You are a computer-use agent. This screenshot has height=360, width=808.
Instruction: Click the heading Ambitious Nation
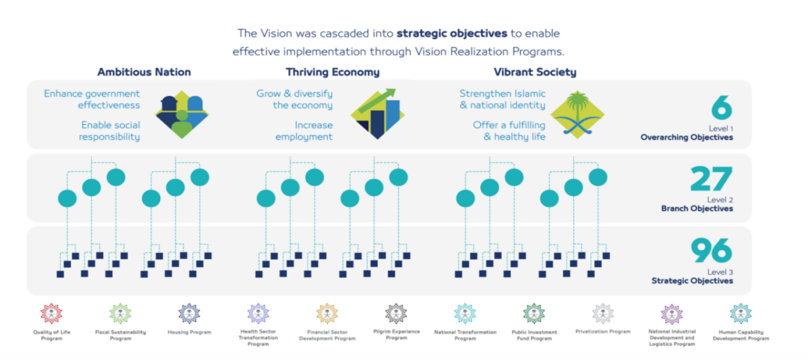(x=144, y=73)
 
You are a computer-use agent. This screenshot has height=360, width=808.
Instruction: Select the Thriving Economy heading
(x=332, y=73)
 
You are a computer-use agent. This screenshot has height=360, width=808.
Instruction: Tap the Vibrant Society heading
(x=535, y=73)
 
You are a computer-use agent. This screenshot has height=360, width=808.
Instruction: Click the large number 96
(x=711, y=251)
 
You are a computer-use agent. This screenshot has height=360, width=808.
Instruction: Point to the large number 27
(x=711, y=180)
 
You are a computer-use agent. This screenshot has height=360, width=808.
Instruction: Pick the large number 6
(x=721, y=109)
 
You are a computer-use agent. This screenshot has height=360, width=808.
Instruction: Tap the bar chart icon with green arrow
(x=377, y=115)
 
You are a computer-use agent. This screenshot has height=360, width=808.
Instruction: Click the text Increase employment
(x=304, y=131)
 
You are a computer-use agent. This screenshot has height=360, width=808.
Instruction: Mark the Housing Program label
(x=189, y=332)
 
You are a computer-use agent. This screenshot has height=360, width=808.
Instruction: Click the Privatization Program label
(x=603, y=331)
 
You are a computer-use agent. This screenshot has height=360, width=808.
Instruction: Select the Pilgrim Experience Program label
(x=396, y=334)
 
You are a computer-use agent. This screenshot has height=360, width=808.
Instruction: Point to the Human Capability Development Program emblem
(x=741, y=314)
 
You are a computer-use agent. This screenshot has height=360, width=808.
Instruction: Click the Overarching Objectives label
(x=686, y=138)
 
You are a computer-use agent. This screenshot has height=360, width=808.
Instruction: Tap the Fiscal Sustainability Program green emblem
(x=120, y=314)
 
